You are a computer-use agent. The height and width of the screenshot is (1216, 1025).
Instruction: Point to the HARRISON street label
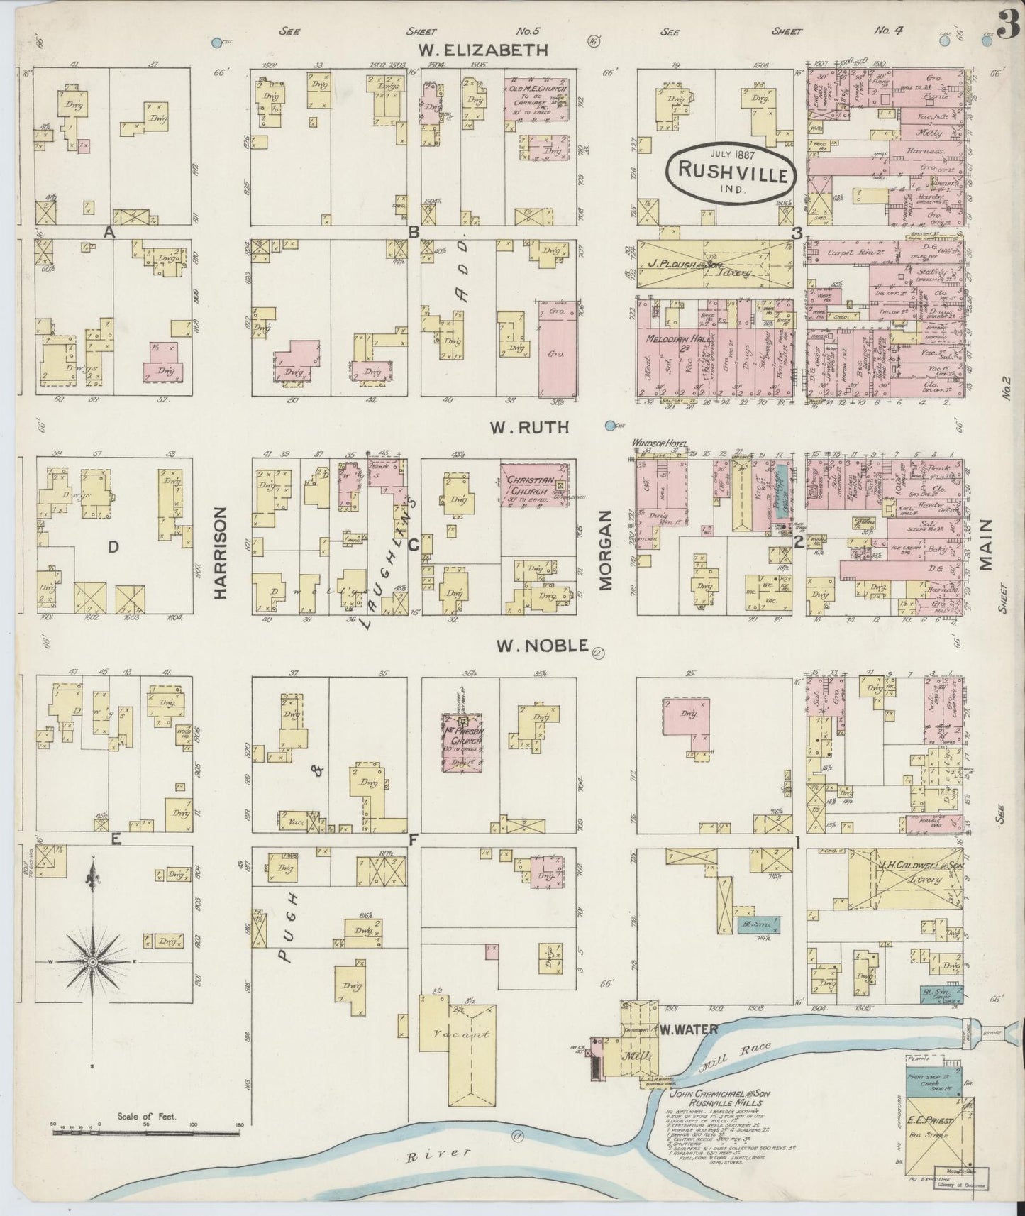click(x=220, y=553)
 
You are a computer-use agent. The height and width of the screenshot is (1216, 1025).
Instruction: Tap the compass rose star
click(x=92, y=961)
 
